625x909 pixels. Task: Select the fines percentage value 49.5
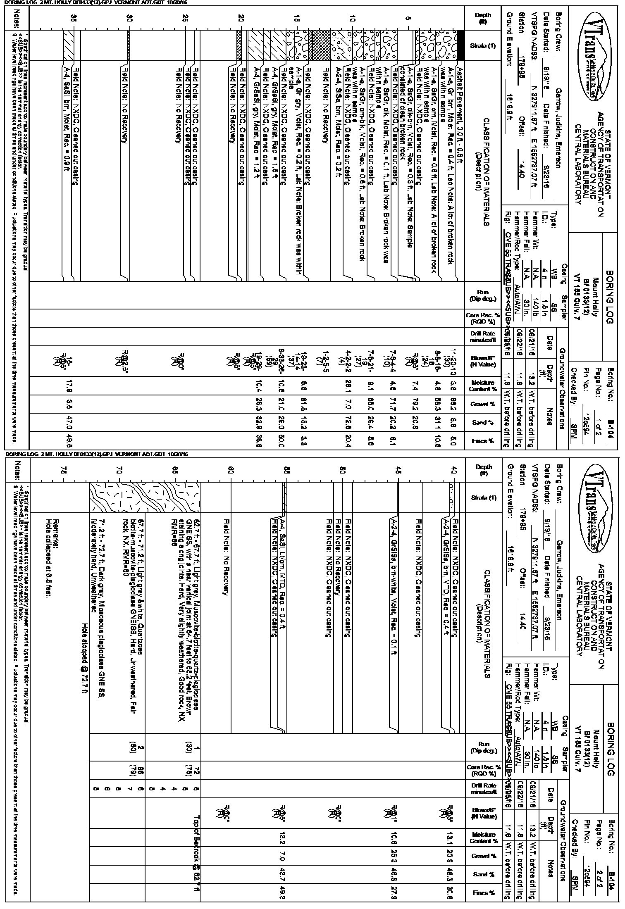click(x=74, y=442)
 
